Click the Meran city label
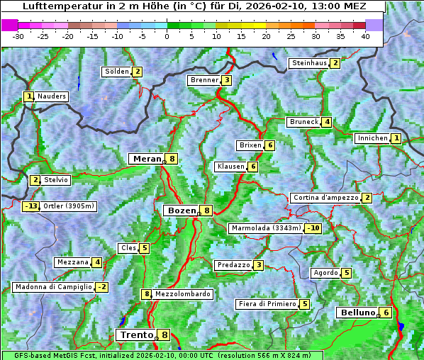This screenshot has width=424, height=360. coord(146,159)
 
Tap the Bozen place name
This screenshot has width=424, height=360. coord(180,210)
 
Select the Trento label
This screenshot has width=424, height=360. coord(136,334)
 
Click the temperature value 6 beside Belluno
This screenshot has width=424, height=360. coord(386,313)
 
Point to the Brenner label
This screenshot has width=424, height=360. coord(204,80)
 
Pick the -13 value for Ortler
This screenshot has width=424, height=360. coord(31,206)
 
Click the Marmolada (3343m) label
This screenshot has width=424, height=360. coord(266,228)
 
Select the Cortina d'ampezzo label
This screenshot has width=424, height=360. coord(325,198)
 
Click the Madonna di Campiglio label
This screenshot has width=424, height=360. coord(53,287)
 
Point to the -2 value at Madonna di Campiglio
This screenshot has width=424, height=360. coord(102,287)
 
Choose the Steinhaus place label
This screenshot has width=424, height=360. coord(309,63)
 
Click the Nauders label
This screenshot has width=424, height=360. coord(51,96)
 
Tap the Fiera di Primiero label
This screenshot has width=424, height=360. coord(267,304)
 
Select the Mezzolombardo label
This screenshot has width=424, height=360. coord(182,294)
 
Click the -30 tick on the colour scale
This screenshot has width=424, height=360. coord(18,36)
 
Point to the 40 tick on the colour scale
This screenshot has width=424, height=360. coord(365,36)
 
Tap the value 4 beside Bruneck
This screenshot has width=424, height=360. coord(327,122)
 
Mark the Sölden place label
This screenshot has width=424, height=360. coord(117,72)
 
